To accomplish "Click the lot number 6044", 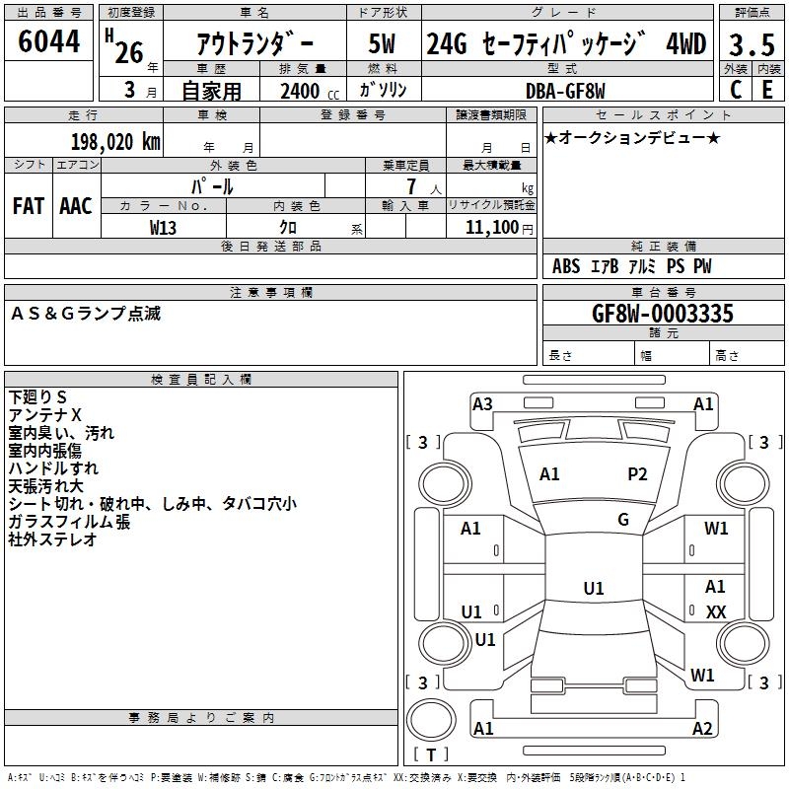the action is [49, 42].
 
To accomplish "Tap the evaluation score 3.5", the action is [749, 44].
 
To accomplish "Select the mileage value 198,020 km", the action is [115, 141].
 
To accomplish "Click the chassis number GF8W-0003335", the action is [662, 314].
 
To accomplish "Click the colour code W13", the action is [164, 227].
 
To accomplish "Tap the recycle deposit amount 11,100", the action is [490, 227].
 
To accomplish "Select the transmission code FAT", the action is [29, 205].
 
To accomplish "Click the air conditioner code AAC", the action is [76, 205].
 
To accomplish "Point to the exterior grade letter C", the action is [735, 90].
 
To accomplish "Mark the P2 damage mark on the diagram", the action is [638, 474].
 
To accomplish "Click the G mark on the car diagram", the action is [623, 520].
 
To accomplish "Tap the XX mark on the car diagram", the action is [716, 612].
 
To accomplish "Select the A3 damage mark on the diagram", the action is [482, 403].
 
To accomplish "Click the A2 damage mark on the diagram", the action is [702, 729].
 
